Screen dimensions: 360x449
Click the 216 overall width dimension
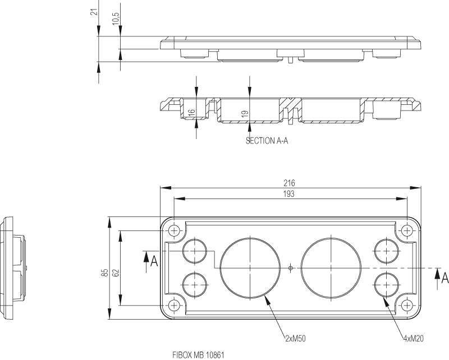(x=289, y=183)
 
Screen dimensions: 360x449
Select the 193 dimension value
(x=289, y=194)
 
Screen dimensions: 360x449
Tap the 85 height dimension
(x=104, y=273)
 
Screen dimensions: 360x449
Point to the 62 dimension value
(x=116, y=273)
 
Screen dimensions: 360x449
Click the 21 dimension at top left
(x=94, y=12)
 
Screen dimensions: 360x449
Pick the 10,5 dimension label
(x=116, y=19)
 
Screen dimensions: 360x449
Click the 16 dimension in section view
(x=191, y=112)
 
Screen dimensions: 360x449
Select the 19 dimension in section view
(x=245, y=114)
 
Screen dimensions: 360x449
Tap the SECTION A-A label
(x=267, y=141)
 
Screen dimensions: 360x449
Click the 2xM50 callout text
(x=295, y=338)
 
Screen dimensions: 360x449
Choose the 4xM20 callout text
(x=413, y=339)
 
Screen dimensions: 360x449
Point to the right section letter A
(x=445, y=277)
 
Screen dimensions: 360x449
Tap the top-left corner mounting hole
(x=175, y=230)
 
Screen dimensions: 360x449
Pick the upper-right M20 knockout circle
(x=387, y=251)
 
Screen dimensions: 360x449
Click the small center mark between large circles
(x=290, y=267)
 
